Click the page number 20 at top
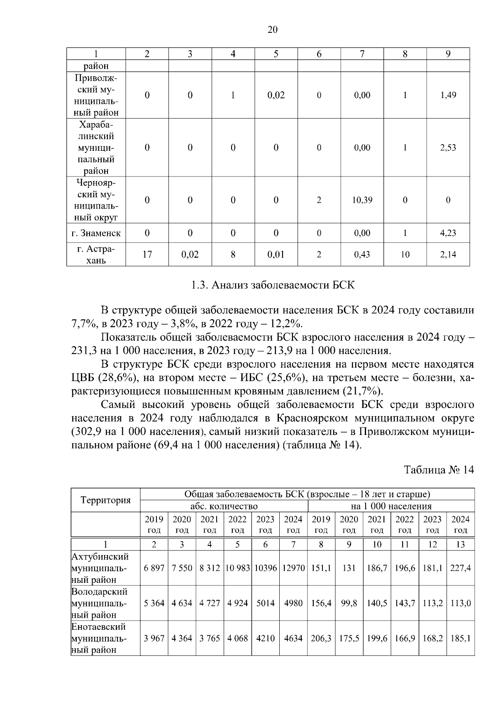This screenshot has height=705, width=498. (273, 29)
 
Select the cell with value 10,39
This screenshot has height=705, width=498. (362, 200)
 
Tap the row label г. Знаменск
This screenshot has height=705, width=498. (96, 233)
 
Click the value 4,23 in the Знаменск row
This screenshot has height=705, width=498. (448, 233)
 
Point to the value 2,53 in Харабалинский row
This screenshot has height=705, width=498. (448, 148)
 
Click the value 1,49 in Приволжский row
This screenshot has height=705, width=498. (448, 95)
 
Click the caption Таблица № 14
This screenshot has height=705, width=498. (439, 470)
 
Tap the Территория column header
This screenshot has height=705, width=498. (105, 500)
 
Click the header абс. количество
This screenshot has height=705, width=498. (224, 506)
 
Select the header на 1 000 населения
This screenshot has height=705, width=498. (391, 506)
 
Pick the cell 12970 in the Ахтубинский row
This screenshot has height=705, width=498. (293, 568)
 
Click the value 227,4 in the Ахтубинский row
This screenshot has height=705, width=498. (460, 568)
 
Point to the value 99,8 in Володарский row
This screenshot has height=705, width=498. (349, 603)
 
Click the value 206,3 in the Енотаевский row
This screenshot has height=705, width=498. (321, 639)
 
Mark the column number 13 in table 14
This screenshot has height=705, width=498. (460, 545)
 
